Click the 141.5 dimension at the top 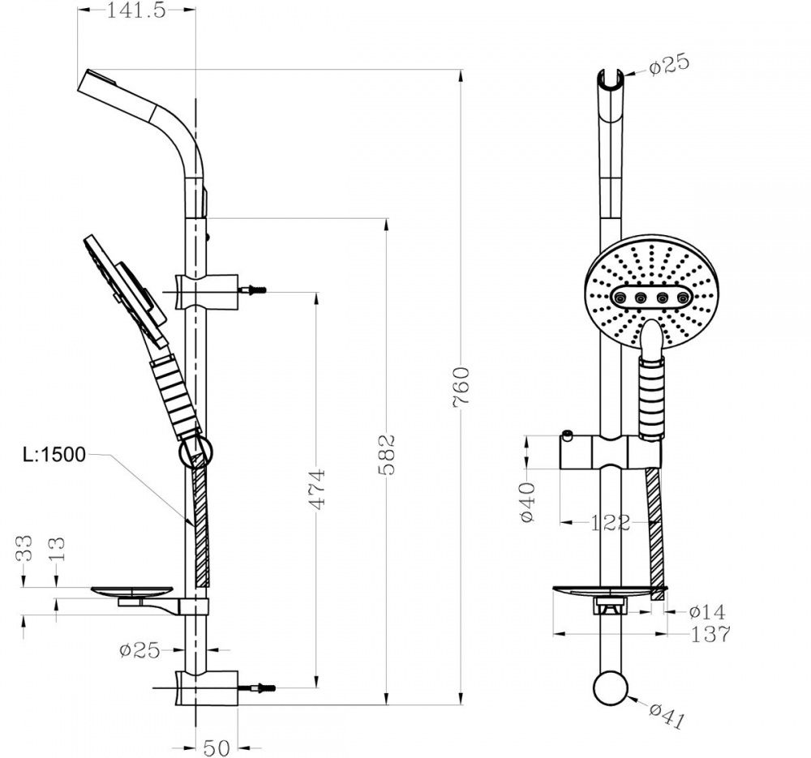tap(136, 11)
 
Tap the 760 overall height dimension tap(461, 388)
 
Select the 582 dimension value tap(386, 455)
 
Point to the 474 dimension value tap(316, 489)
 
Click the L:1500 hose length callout tap(54, 455)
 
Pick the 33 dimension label tap(24, 548)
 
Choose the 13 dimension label tap(57, 549)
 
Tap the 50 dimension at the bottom tap(217, 748)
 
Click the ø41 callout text tap(667, 716)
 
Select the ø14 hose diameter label tap(707, 612)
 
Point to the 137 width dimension tap(710, 634)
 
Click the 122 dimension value tap(611, 523)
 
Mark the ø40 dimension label tap(528, 502)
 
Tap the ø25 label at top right tap(670, 65)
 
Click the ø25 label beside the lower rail tap(139, 650)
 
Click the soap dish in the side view tap(132, 592)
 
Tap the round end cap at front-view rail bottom tap(611, 687)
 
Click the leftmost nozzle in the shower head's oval tap(619, 298)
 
